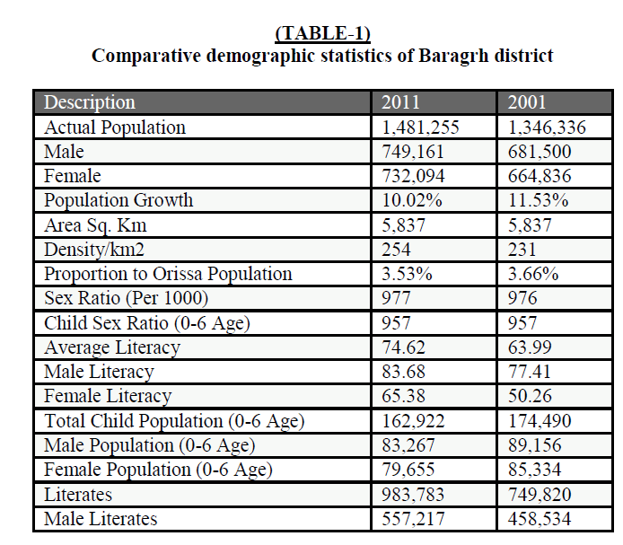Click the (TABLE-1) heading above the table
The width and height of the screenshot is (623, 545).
pos(323,34)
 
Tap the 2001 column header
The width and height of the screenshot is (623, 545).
pos(527,102)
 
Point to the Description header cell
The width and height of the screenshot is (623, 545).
pos(90,102)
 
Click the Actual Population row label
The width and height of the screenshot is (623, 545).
pos(115,127)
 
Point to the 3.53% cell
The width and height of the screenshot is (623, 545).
pos(407,274)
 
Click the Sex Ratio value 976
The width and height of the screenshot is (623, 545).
pos(522,298)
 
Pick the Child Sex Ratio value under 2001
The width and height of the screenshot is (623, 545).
pos(522,323)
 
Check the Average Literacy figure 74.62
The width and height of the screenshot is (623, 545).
pos(403,347)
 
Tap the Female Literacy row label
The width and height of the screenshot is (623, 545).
pos(108,396)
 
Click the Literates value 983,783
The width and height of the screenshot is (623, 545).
pos(414,494)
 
